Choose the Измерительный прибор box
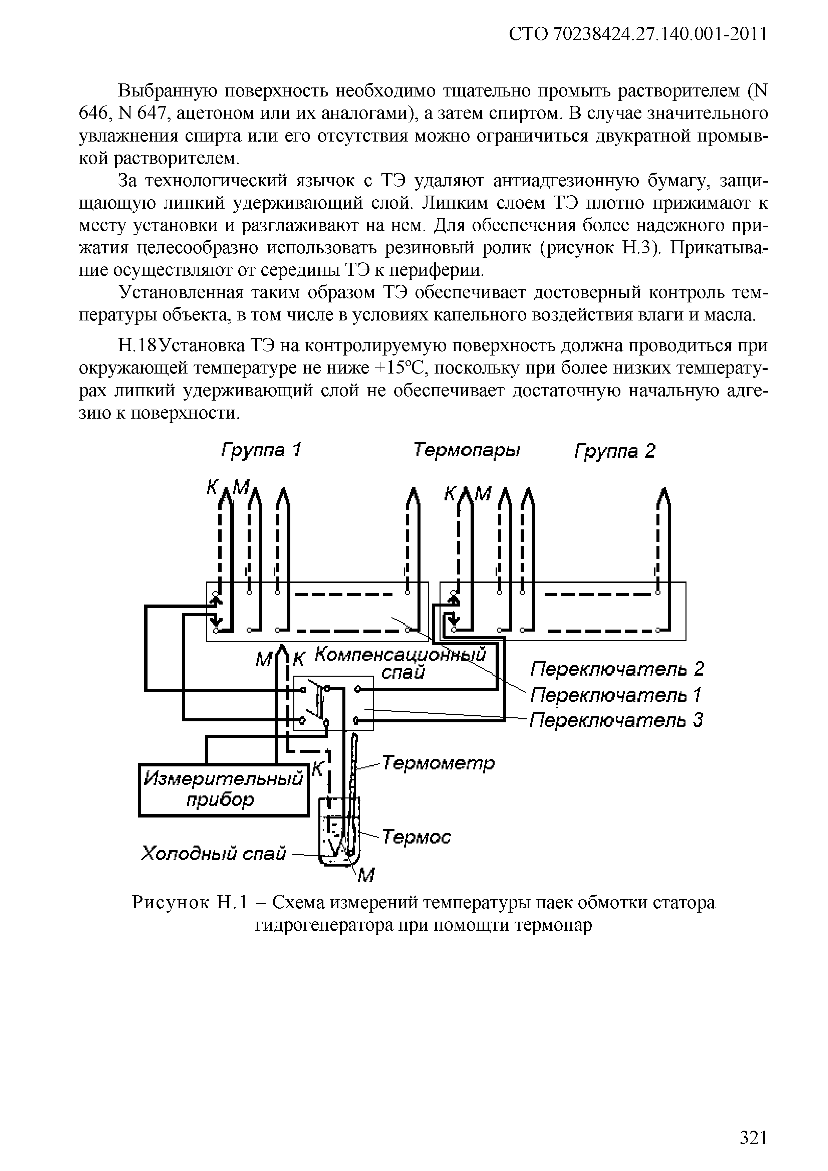coord(224,789)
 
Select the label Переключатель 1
coord(617,695)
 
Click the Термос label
coord(417,837)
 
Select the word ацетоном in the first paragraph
coord(216,113)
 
